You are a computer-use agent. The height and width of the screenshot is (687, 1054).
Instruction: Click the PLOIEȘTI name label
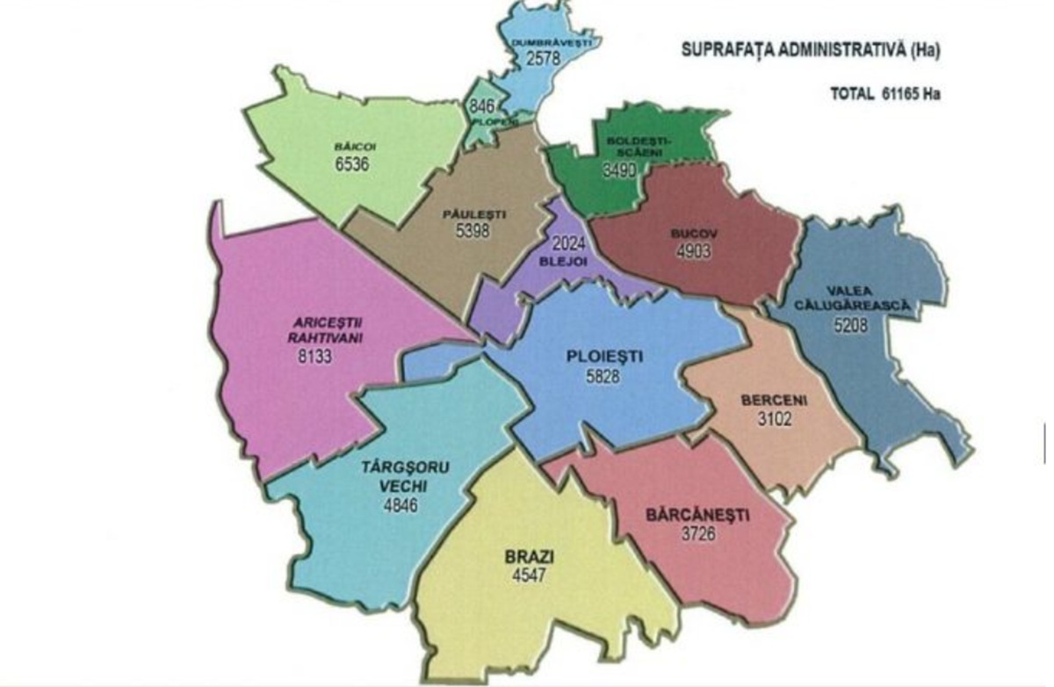pos(606,357)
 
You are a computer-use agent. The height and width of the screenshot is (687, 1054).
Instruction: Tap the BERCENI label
pos(774,401)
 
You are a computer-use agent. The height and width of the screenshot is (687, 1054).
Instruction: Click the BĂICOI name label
pos(350,148)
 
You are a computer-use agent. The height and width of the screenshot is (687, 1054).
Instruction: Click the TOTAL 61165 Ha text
pos(884,92)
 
